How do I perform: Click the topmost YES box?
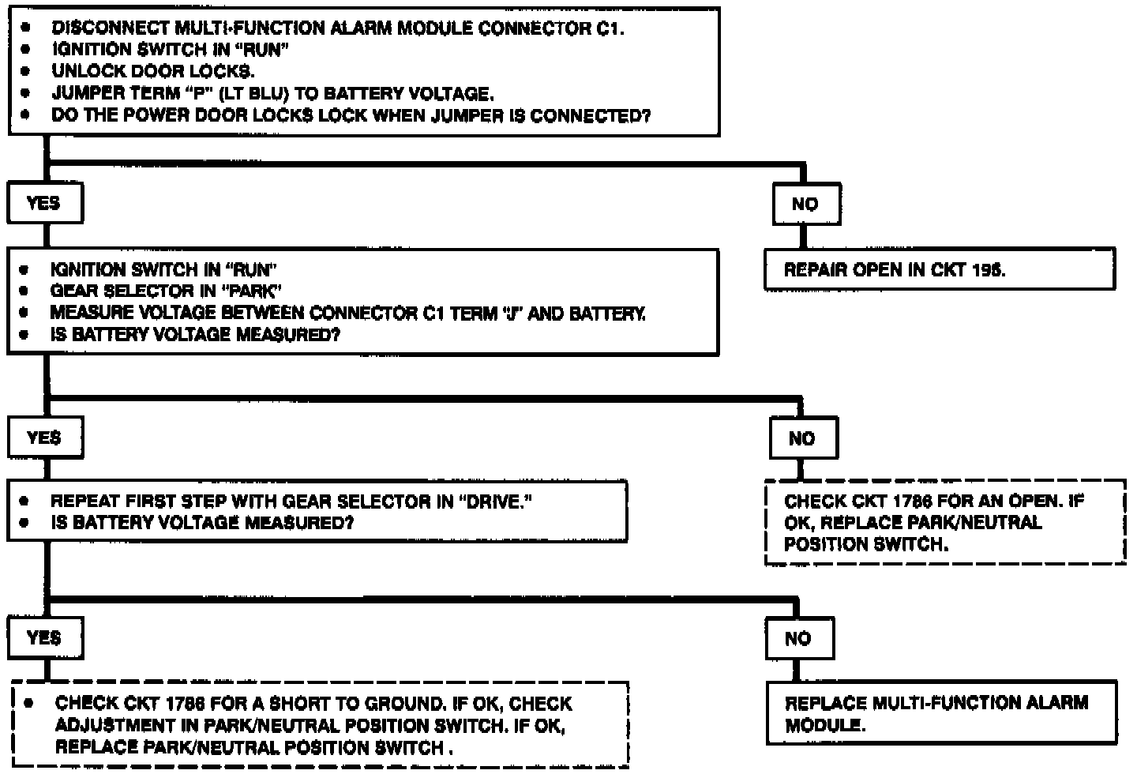[44, 204]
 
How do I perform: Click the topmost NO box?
[805, 205]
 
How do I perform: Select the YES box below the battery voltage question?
[44, 438]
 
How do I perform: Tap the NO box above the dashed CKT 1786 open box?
[802, 439]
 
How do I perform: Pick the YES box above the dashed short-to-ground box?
[44, 638]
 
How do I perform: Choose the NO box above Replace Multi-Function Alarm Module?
[798, 639]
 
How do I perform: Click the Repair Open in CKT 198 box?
[939, 270]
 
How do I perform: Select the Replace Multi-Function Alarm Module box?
[941, 713]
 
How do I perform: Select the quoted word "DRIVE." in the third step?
[495, 502]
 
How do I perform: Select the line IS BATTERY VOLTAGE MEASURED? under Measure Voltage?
[195, 335]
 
